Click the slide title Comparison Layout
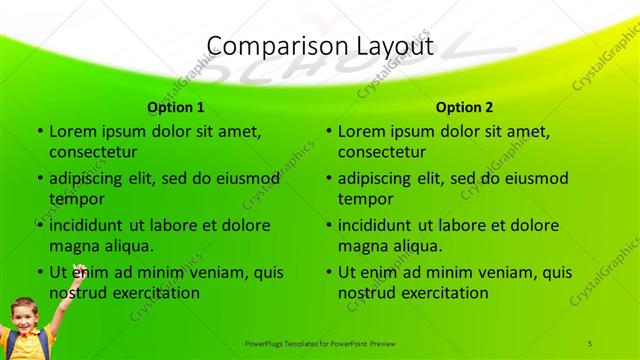[x=319, y=46]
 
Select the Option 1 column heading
[x=176, y=107]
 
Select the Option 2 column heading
[x=465, y=107]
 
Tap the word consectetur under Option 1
[x=93, y=152]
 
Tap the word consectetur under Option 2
[x=382, y=152]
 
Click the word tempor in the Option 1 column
[x=75, y=199]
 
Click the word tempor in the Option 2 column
[x=364, y=199]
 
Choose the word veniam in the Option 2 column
[x=482, y=272]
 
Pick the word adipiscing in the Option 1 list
[x=95, y=178]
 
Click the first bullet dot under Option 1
[x=39, y=132]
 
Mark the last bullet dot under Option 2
[x=328, y=272]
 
